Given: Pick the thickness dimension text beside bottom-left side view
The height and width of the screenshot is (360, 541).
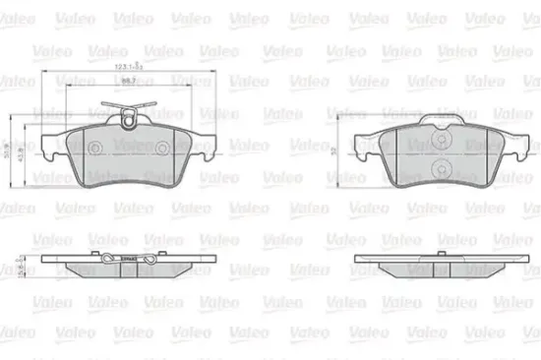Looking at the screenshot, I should click(21, 265).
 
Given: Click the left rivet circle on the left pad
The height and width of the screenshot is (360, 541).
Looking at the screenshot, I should click(96, 149).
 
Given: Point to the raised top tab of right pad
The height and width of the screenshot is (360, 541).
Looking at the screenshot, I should click(440, 120).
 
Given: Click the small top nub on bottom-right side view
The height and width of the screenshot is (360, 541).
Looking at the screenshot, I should click(440, 256).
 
